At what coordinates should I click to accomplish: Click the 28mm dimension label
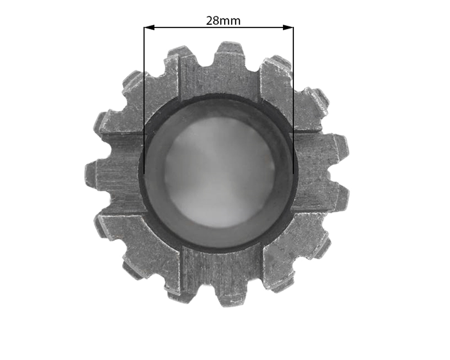tap(223, 21)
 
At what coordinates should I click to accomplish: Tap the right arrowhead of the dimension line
tap(288, 27)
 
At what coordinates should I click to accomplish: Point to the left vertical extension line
tap(144, 100)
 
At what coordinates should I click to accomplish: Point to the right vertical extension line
tap(293, 100)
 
